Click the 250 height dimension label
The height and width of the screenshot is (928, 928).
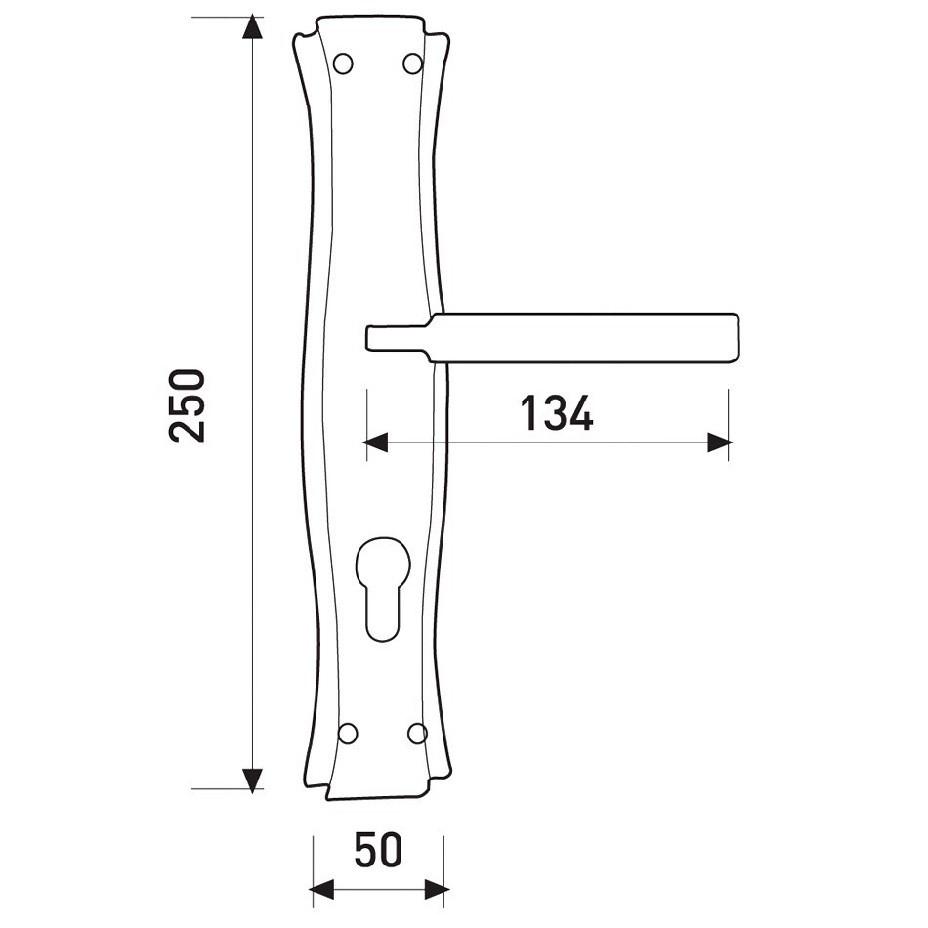(x=187, y=405)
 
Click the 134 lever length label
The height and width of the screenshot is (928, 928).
(x=557, y=412)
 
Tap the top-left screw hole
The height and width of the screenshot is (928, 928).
(x=343, y=63)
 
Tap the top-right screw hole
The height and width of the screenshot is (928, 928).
(x=412, y=63)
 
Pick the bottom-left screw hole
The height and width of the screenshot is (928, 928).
(x=348, y=734)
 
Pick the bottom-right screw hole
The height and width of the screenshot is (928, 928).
(x=417, y=734)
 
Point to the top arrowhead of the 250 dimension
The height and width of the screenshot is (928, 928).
(x=252, y=26)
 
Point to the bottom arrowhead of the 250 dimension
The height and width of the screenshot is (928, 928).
(x=252, y=780)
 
